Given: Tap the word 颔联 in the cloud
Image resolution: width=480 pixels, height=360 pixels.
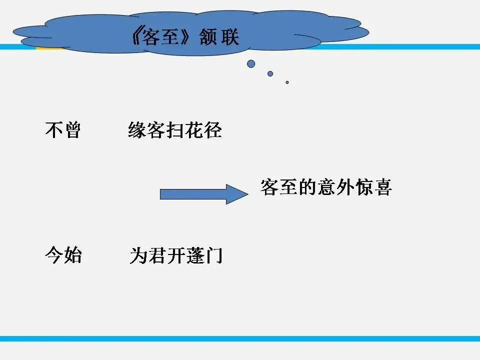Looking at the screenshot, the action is [x=220, y=38].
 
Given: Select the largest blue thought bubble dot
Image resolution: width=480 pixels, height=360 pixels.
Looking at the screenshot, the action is [x=251, y=63].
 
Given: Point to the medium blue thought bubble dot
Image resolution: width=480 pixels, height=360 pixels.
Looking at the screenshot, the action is [x=270, y=73].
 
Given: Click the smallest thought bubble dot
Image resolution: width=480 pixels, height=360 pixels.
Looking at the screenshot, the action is [x=287, y=82].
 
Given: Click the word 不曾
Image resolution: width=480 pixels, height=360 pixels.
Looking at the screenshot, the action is [x=62, y=130].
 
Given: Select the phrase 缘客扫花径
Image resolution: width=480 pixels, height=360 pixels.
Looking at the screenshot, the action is [x=174, y=130].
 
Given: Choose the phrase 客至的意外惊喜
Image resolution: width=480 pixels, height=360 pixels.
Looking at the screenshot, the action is [x=326, y=187].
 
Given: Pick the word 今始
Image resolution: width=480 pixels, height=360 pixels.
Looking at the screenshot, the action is [x=62, y=256].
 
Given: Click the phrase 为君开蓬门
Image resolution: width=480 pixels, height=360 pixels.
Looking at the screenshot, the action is [x=175, y=256].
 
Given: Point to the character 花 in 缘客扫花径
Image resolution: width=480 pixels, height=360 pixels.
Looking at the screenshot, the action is [x=193, y=130].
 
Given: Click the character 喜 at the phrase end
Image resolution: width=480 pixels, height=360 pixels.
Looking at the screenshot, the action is [x=383, y=187].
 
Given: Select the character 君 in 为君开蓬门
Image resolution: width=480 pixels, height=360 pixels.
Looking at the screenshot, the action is [x=156, y=256].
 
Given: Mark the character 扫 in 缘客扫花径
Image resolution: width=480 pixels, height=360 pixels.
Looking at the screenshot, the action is [x=174, y=130].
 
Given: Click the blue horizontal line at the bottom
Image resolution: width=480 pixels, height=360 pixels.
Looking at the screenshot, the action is [x=240, y=338].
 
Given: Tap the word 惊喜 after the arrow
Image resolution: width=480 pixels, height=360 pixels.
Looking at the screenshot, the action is [x=373, y=187].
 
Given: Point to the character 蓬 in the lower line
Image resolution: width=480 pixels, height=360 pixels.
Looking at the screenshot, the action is [x=194, y=256].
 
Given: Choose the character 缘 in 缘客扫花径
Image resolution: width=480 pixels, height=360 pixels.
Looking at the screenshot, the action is [x=136, y=130].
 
